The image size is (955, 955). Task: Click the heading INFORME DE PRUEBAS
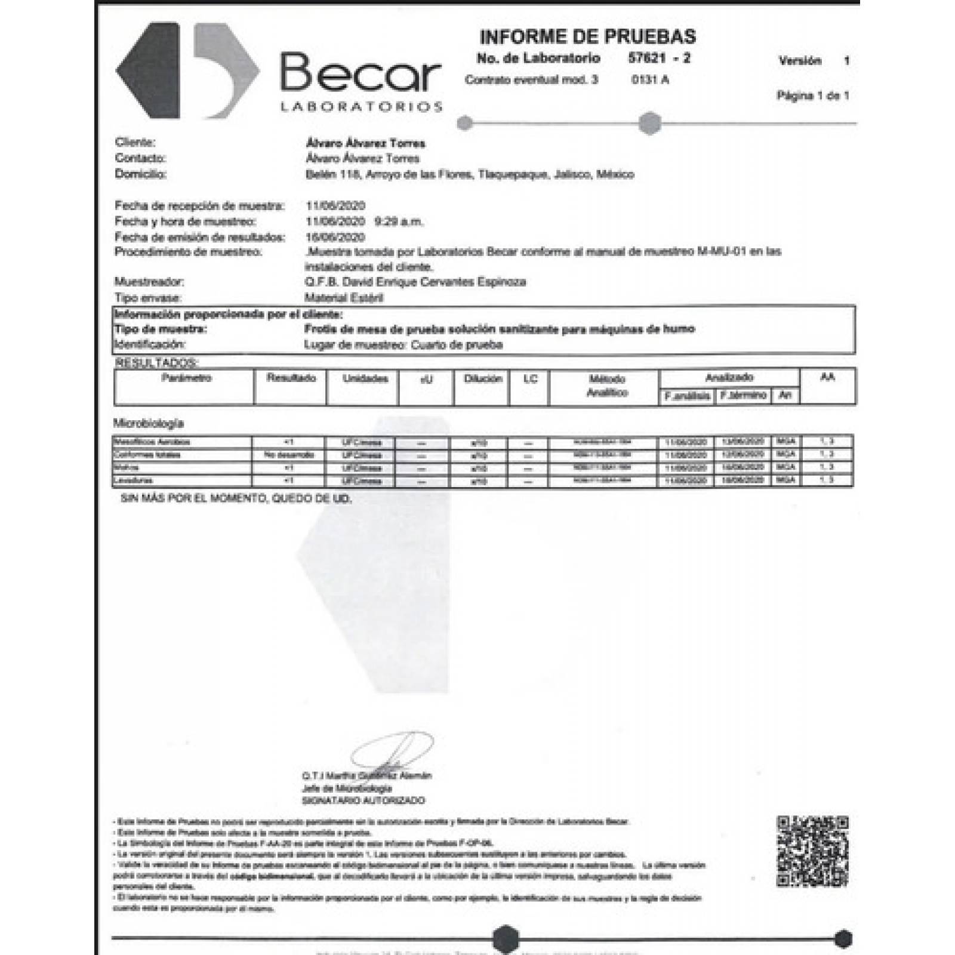(587, 37)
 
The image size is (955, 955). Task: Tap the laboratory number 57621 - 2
(659, 58)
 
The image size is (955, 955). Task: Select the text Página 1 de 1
(812, 95)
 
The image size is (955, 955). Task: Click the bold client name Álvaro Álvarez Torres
(365, 143)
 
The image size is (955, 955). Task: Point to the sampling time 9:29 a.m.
(399, 221)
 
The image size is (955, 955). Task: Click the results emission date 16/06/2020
(335, 237)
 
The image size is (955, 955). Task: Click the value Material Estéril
(343, 297)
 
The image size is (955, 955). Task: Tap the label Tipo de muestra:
(160, 329)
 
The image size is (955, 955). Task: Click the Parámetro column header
(186, 378)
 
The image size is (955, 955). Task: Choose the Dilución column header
(482, 379)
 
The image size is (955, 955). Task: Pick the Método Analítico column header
(606, 386)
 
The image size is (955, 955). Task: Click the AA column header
(827, 377)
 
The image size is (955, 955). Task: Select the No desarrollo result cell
(288, 455)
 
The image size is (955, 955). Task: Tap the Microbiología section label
(149, 423)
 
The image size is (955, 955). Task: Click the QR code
(812, 851)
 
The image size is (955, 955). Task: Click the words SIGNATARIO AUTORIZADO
(363, 800)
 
